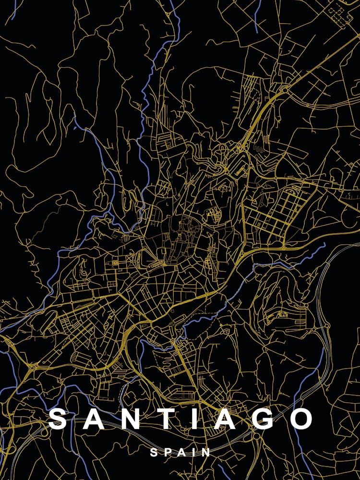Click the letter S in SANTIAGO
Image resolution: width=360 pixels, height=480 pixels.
pos(58,419)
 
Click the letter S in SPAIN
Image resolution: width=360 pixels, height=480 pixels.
pos(154,452)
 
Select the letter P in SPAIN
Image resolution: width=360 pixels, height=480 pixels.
pos(167,452)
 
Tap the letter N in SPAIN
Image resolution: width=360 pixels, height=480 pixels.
pos(206,452)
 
